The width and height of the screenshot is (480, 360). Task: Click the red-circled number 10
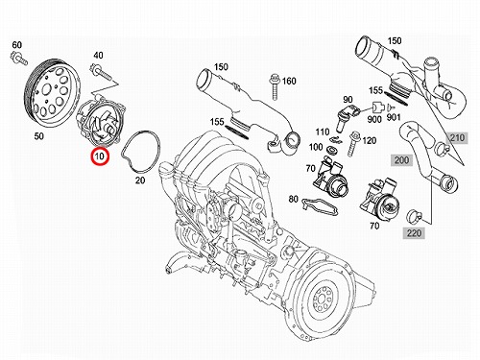(100, 156)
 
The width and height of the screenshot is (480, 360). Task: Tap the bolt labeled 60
(19, 58)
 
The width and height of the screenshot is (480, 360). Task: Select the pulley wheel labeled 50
(52, 93)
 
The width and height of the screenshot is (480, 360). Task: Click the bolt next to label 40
(102, 72)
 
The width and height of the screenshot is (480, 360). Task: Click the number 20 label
(140, 180)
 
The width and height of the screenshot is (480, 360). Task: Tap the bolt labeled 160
(275, 86)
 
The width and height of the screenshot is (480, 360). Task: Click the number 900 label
(374, 119)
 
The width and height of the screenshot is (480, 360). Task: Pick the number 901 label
(394, 117)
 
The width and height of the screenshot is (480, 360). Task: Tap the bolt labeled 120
(355, 142)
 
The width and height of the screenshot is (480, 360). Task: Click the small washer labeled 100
(329, 150)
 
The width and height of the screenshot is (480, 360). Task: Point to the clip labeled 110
(335, 138)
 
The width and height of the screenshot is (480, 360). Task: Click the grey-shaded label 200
(401, 159)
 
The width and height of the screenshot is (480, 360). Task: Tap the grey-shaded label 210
(457, 138)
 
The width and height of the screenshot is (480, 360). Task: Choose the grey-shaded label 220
(414, 233)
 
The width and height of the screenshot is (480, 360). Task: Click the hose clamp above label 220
(414, 216)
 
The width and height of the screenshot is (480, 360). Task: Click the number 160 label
(289, 82)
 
